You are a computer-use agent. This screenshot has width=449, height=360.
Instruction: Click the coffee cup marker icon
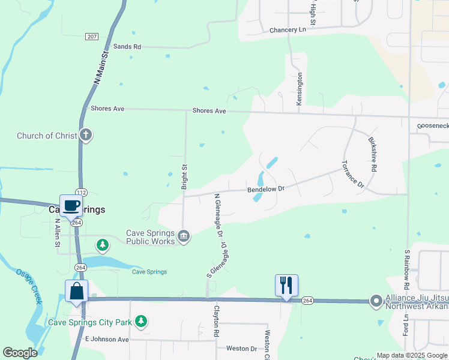[x=71, y=205]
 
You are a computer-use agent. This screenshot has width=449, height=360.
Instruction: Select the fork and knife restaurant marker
[x=286, y=285]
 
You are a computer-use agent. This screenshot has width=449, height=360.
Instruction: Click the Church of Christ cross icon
[x=86, y=135]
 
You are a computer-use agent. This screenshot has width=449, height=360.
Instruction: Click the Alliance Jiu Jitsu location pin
[x=376, y=301]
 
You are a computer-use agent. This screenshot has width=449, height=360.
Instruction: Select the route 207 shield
[x=92, y=37]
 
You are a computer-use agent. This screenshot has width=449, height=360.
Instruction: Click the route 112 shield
[x=82, y=192]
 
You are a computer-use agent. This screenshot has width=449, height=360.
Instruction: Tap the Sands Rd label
[x=127, y=46]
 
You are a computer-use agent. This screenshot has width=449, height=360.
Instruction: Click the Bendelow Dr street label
[x=265, y=190]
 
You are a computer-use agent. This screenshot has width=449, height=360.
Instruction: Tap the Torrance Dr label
[x=353, y=174]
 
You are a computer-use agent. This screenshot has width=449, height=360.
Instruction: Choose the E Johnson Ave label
[x=107, y=339]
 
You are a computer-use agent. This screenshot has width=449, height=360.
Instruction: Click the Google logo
[x=20, y=353]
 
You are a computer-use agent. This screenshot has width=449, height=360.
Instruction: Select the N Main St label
[x=100, y=67]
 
